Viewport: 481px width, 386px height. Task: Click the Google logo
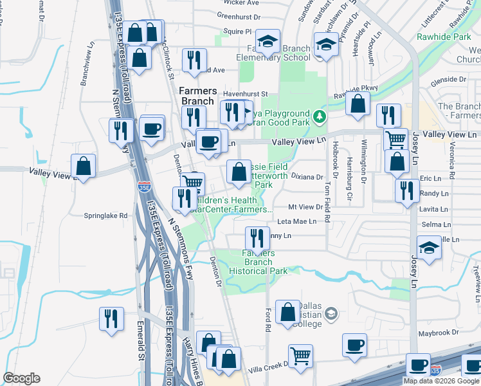tap(21, 378)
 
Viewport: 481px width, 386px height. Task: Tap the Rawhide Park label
tap(453, 37)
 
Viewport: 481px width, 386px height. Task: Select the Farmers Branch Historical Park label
tap(259, 262)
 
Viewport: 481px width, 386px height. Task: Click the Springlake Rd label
tap(105, 216)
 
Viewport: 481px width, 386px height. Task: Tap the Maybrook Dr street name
tap(437, 333)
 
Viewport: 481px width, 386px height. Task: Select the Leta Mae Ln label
tap(296, 221)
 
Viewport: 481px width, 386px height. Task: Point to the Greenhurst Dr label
tap(239, 15)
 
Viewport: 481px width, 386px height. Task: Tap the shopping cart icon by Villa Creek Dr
tap(300, 355)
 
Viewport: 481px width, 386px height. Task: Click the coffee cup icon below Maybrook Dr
tap(354, 345)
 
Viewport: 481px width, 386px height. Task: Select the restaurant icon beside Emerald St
tap(112, 318)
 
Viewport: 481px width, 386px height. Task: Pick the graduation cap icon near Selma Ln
tap(430, 247)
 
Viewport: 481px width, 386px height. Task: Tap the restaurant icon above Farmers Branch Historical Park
tap(256, 237)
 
